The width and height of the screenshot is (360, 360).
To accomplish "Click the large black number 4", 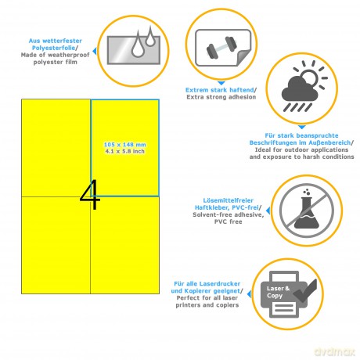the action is coord(90,194).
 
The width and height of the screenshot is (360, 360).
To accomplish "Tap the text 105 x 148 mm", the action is coord(124,145).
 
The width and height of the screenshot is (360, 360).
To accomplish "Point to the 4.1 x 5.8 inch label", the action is coord(124,151).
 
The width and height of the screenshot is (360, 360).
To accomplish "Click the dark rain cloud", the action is coord(300,89).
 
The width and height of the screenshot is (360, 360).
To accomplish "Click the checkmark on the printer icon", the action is coord(304,291).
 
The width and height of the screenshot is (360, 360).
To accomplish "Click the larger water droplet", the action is coord(137,45).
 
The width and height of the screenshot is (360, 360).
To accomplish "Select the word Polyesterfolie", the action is coord(53,48).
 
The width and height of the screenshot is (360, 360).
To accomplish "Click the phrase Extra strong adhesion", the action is coord(221,97).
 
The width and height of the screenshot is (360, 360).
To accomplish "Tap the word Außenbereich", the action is coord(329,142).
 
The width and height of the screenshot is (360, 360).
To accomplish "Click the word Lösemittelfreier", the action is coord(229,200).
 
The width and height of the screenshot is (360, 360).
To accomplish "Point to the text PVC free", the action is coord(229,221).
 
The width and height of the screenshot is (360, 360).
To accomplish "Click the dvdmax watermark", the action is coord(334,351).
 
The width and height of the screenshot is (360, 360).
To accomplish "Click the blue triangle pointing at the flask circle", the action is coord(268,211).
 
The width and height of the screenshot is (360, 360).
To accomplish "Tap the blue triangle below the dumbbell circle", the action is coord(221,83).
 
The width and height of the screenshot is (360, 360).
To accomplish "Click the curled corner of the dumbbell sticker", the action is coord(243,57).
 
